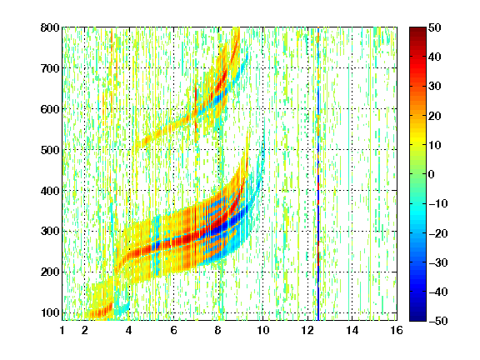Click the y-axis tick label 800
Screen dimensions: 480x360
click(x=50, y=27)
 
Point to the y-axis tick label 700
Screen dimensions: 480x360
click(x=50, y=68)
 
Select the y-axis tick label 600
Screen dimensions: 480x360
click(x=50, y=109)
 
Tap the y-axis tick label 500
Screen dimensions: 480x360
click(x=50, y=150)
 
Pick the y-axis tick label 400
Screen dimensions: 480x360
click(x=50, y=191)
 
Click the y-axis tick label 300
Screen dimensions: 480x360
click(x=50, y=231)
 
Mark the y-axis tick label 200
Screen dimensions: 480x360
click(x=50, y=272)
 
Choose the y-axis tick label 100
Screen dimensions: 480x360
click(x=50, y=312)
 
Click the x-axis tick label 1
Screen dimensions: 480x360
click(x=62, y=330)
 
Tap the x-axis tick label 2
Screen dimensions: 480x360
click(x=85, y=330)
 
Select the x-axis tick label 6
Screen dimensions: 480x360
click(x=173, y=330)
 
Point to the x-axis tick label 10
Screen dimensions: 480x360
click(x=262, y=330)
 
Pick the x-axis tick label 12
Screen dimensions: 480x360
click(x=307, y=330)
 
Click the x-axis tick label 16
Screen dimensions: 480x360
click(x=397, y=330)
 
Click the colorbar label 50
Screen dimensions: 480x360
click(x=434, y=27)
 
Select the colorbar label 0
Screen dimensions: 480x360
click(x=432, y=174)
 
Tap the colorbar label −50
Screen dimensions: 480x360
click(x=438, y=321)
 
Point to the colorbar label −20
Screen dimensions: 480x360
click(x=438, y=233)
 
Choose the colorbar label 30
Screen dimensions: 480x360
click(x=434, y=86)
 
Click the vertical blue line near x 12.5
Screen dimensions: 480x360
click(x=318, y=174)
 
